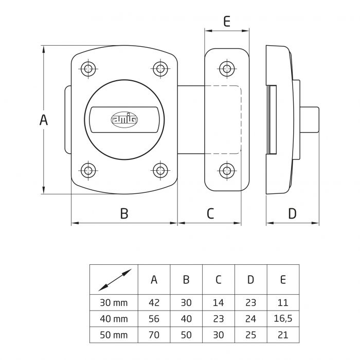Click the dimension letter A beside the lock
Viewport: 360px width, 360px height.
(x=44, y=120)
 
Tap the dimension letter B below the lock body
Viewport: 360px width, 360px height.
(x=124, y=213)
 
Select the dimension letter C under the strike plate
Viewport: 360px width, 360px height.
(x=210, y=213)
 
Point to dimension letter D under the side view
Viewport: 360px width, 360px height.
(x=292, y=213)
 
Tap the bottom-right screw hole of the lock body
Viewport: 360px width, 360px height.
(x=160, y=170)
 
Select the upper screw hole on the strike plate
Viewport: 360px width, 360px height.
(x=226, y=68)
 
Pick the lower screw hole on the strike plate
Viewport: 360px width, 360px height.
(x=226, y=170)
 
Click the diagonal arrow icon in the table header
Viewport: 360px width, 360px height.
(x=114, y=279)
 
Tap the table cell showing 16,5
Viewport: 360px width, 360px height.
(x=283, y=318)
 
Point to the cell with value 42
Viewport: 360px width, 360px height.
(x=154, y=302)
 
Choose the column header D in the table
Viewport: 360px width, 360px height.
(x=250, y=279)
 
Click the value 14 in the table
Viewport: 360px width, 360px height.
(x=218, y=302)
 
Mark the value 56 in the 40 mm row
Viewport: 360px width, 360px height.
(x=154, y=318)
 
